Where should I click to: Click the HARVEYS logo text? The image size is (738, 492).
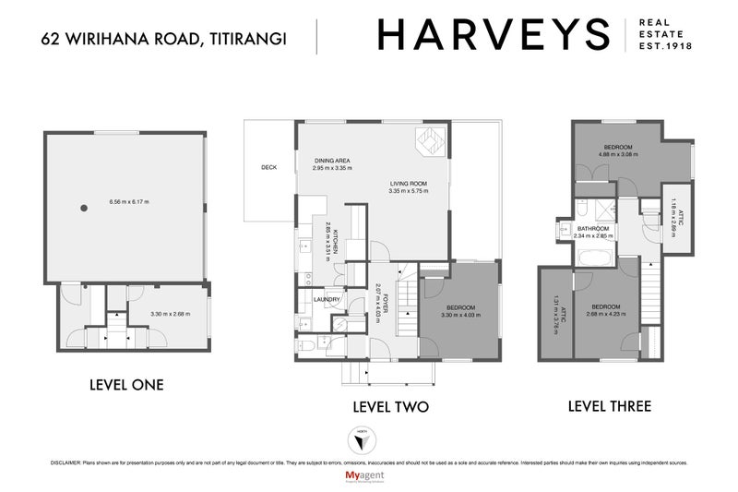pyautogui.click(x=493, y=36)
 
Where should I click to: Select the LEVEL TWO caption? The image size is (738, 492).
pyautogui.click(x=392, y=406)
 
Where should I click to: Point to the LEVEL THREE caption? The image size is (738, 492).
pyautogui.click(x=610, y=405)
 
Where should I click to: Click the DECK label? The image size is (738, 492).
pyautogui.click(x=269, y=168)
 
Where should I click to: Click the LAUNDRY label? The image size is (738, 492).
pyautogui.click(x=327, y=299)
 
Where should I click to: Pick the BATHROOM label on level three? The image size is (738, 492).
pyautogui.click(x=593, y=228)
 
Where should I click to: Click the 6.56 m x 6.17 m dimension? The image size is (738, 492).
pyautogui.click(x=128, y=201)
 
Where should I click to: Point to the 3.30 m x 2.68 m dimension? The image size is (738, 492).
pyautogui.click(x=169, y=314)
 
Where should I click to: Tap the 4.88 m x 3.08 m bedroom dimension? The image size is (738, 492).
pyautogui.click(x=618, y=154)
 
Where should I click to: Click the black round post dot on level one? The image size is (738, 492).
pyautogui.click(x=84, y=207)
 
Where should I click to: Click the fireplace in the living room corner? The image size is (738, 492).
pyautogui.click(x=431, y=143)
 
